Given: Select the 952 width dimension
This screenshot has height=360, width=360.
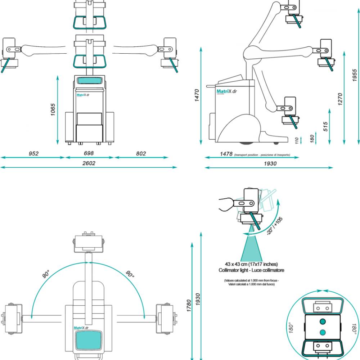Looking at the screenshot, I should click(x=33, y=154).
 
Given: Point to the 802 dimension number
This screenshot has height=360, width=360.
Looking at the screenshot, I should click(x=141, y=154).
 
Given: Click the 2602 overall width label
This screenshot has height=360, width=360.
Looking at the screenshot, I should click(x=89, y=163).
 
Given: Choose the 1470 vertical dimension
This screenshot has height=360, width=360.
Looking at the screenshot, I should click(x=197, y=95).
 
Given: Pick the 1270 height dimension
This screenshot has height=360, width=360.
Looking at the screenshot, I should click(x=340, y=99).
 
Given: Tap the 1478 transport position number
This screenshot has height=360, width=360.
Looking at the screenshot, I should click(x=226, y=154).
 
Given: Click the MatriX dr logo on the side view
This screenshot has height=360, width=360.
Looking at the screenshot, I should click(x=226, y=91).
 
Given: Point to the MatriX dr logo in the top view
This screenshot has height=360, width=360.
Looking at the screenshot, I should click(x=84, y=328).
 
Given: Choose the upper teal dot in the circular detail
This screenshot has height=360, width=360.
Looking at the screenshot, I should click(x=323, y=321).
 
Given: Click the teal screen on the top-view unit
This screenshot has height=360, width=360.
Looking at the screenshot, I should click(x=89, y=340).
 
